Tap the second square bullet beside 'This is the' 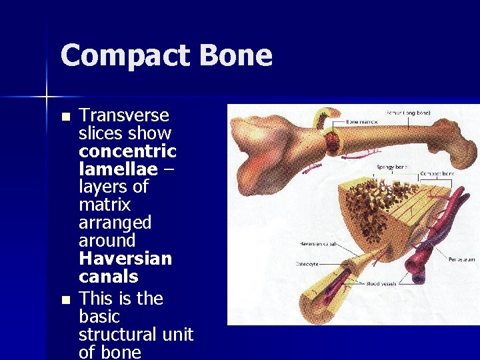pos(65,300)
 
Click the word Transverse pos(124,115)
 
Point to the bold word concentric pos(127,151)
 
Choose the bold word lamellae pos(118,169)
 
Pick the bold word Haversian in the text pos(125,259)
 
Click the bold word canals pos(108,277)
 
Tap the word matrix pos(105,205)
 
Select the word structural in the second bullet pos(136,333)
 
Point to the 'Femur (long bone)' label pos(408,113)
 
